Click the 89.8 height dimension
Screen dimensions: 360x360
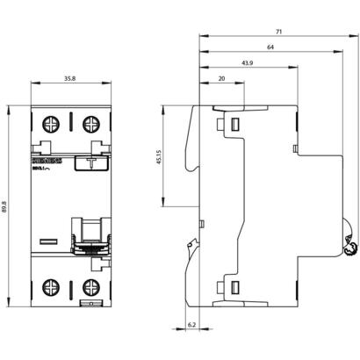[7, 205]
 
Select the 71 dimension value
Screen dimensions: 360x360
[278, 32]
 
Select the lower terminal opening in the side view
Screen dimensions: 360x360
[234, 285]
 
